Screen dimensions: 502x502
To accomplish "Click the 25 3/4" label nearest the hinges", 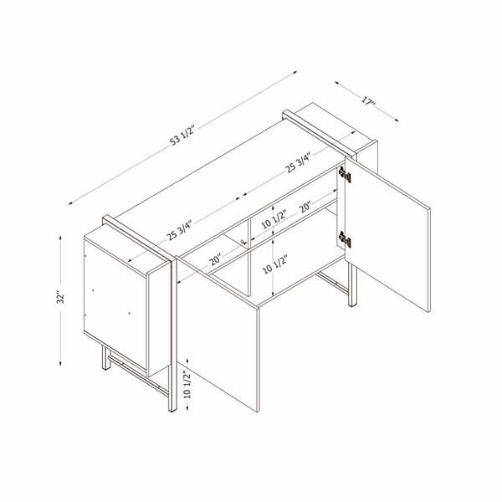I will pos(299,158).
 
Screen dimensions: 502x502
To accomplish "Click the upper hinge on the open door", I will pos(344,173).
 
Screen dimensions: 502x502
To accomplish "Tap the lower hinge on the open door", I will pos(344,239).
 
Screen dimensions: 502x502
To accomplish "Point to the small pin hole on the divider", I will pos(242,243).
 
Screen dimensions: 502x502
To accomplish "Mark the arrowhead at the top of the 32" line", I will pos(61,238).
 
